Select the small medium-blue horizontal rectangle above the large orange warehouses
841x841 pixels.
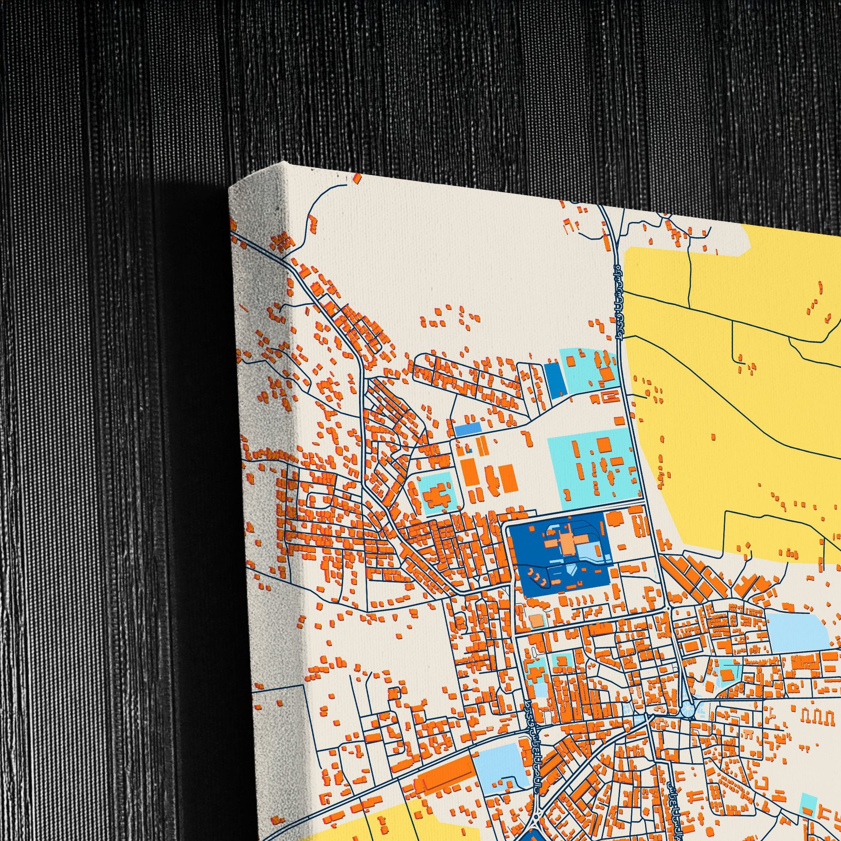(x=468, y=429)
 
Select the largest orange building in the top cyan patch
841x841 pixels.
(x=605, y=374)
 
